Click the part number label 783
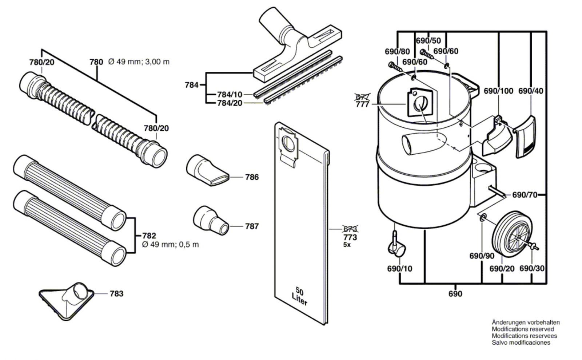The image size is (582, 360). click(x=116, y=294)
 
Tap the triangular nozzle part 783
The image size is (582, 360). click(x=67, y=301)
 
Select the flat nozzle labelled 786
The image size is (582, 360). click(x=207, y=170)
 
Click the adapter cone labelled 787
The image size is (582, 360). click(x=211, y=221)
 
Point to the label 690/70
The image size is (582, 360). click(x=525, y=195)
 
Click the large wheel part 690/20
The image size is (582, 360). click(x=512, y=238)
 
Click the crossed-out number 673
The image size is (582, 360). click(x=350, y=229)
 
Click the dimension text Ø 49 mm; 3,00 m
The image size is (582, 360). click(x=139, y=62)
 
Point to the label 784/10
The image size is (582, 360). click(x=230, y=95)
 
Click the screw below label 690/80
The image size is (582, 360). click(x=395, y=67)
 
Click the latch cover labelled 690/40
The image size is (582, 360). click(x=525, y=137)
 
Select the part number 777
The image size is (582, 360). click(x=362, y=104)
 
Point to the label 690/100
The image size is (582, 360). click(x=498, y=91)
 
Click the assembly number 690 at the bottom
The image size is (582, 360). click(x=455, y=294)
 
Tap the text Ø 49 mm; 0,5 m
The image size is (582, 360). click(x=171, y=245)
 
